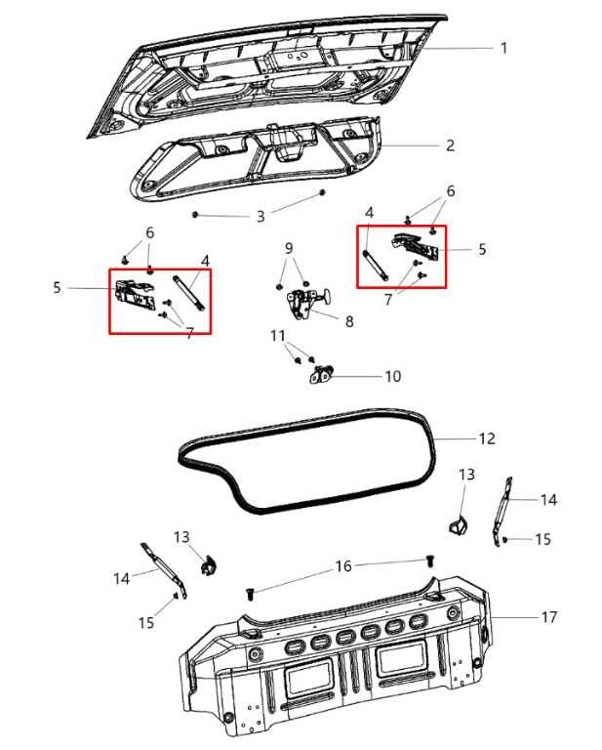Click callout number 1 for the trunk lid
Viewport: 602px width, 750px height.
click(x=503, y=48)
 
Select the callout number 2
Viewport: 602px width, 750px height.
click(x=450, y=146)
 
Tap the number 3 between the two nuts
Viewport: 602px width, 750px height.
click(x=261, y=216)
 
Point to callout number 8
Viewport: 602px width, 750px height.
click(x=348, y=320)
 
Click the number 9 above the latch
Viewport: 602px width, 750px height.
click(x=289, y=248)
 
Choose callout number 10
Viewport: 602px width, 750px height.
click(x=392, y=375)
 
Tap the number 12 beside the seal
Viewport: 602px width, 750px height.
click(x=487, y=438)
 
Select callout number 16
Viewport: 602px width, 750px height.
click(x=342, y=565)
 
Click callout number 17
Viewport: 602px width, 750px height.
click(x=549, y=617)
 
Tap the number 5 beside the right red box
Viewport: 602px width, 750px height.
click(x=481, y=249)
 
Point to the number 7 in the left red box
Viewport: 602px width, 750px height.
click(x=188, y=332)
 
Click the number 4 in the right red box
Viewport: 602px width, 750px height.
click(x=369, y=212)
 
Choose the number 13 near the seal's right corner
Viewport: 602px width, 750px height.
click(x=466, y=474)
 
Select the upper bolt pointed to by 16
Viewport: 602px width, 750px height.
click(x=428, y=560)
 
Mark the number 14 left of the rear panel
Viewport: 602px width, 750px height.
click(x=121, y=578)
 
